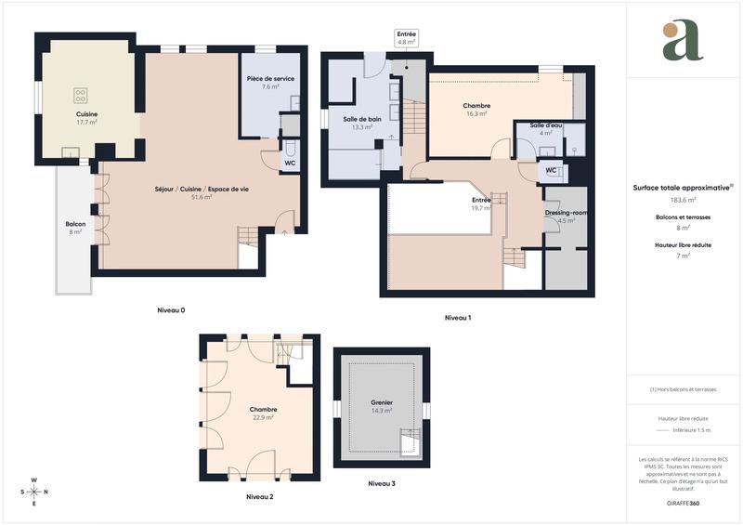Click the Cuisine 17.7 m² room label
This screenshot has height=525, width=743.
coord(86,118)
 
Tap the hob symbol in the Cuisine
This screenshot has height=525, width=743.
coord(81,93)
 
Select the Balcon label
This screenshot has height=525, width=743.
coord(75,228)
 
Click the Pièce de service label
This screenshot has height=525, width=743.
coord(270,83)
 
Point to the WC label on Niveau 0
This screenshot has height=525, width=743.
coord(290,164)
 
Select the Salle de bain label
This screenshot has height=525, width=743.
coord(362,123)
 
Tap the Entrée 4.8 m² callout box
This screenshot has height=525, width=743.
coord(407,38)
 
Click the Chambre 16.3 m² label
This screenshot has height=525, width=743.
coord(476,110)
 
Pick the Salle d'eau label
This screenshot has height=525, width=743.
coord(546,129)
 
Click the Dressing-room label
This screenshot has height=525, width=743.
coord(566,216)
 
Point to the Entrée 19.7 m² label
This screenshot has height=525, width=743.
coord(481,204)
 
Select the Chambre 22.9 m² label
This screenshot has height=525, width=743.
coord(263,413)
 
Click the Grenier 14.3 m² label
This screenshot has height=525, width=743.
coord(382,406)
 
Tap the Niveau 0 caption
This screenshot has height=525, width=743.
coord(171,309)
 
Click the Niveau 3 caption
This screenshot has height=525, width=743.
coord(381,483)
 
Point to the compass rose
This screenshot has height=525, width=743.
coord(34,492)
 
